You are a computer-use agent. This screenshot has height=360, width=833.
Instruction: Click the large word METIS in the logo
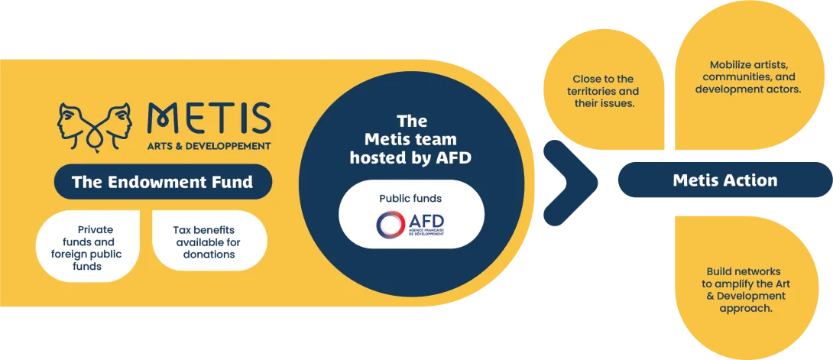point(209,118)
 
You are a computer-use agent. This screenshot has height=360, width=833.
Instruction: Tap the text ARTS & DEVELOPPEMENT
point(209,145)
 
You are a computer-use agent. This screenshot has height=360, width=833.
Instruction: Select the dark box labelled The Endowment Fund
point(162,182)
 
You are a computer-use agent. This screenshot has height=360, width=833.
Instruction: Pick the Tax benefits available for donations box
point(209,241)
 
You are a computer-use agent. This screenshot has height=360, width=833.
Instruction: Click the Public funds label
point(410,199)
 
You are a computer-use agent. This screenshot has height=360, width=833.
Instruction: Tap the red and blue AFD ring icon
point(391,224)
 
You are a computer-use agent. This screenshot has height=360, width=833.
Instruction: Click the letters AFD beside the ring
point(428,219)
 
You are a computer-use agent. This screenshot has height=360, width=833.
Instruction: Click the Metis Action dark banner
point(724,180)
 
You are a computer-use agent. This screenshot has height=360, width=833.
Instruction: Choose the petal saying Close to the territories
point(603,90)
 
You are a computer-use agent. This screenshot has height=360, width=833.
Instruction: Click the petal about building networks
point(745,290)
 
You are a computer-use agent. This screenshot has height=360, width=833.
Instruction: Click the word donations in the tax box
point(209,254)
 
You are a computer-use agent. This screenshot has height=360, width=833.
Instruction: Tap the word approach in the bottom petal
point(744,308)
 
